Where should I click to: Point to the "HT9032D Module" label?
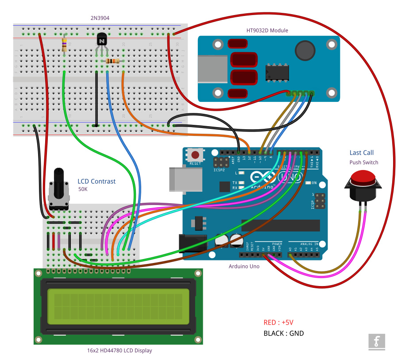click(267, 31)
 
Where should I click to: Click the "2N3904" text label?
click(100, 18)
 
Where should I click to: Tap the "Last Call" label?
click(361, 153)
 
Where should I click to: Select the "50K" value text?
click(83, 189)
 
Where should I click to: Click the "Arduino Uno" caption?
click(244, 266)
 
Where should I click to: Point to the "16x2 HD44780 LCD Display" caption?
click(120, 350)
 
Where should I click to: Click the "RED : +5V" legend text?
click(278, 322)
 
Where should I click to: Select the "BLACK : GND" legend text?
click(283, 333)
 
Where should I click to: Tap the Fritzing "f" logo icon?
click(377, 341)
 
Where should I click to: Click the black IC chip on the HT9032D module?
click(277, 72)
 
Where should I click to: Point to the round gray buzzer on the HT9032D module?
click(305, 50)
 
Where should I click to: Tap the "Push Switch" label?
click(364, 163)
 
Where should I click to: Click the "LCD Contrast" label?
click(96, 181)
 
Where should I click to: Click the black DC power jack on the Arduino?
click(192, 243)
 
